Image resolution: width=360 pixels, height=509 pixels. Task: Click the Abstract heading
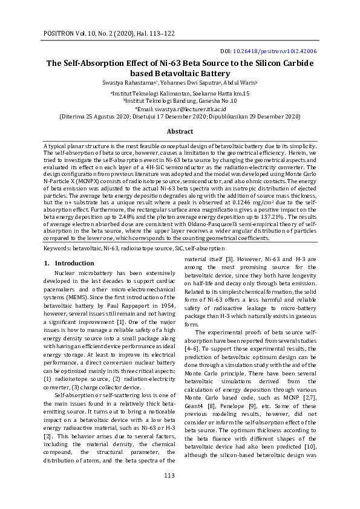180,131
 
